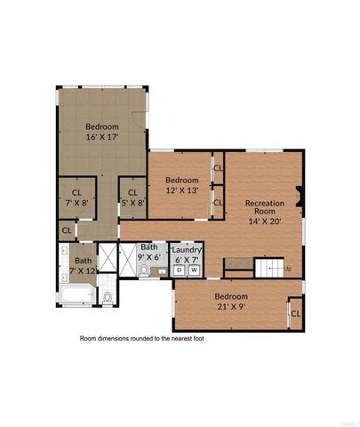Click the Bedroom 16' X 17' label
pos(103,132)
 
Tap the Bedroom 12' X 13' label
pos(181,183)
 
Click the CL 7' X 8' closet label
pos(76,197)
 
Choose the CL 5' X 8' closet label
pos(132,197)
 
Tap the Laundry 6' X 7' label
pos(187,254)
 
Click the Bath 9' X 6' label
pos(149,252)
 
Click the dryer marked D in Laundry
pos(179,270)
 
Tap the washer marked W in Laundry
pos(194,270)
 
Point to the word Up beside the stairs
pos(286,268)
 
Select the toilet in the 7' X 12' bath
pos(107,297)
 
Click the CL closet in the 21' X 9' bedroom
pos(295,313)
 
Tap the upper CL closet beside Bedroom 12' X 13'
pos(218,165)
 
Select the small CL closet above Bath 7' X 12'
pos(67,230)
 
